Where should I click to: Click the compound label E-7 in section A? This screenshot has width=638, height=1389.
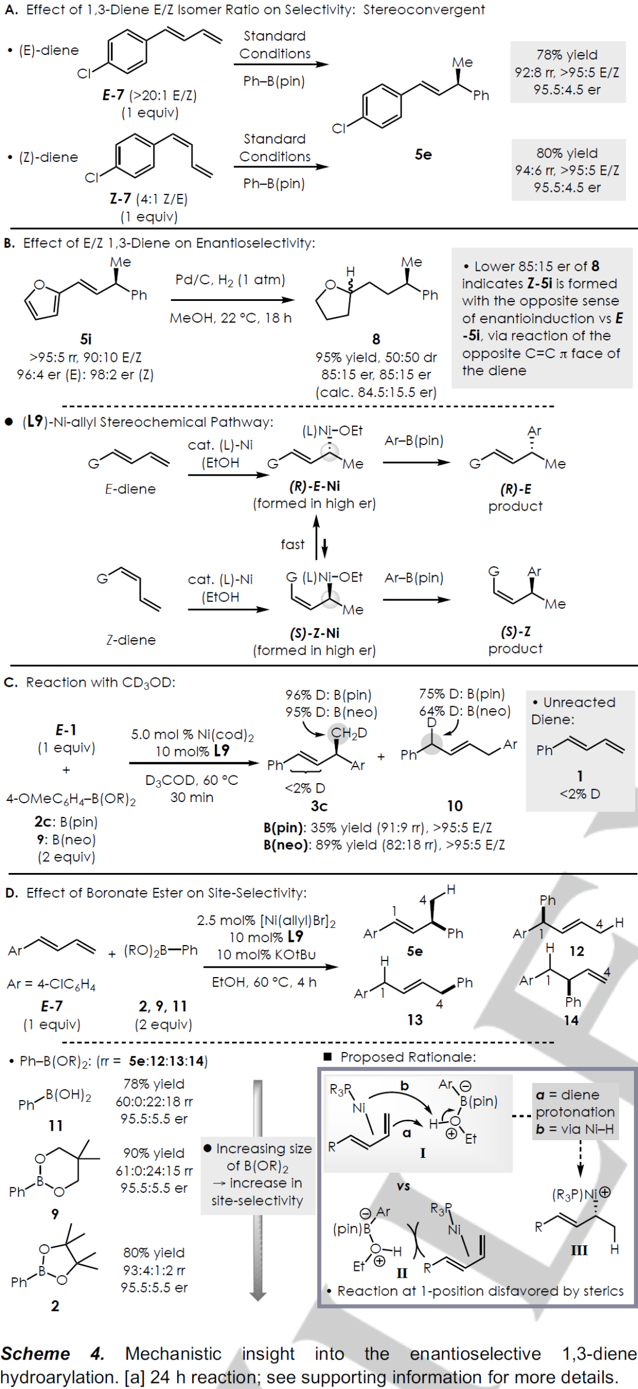(113, 95)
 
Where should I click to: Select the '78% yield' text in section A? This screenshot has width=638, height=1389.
(567, 55)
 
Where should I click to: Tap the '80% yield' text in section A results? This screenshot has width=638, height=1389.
(567, 153)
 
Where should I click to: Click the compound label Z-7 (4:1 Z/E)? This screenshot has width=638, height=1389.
(148, 199)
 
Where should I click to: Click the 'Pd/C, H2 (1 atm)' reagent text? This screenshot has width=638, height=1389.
(230, 280)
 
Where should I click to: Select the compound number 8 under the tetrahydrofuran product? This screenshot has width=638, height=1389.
(376, 339)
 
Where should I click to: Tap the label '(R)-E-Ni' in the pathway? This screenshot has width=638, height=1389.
(314, 486)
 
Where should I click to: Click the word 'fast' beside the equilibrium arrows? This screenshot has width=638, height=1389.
(292, 544)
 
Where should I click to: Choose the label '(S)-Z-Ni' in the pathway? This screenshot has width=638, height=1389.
(314, 633)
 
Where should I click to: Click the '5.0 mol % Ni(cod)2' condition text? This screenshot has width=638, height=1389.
(192, 734)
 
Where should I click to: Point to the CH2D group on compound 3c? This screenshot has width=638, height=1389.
(349, 733)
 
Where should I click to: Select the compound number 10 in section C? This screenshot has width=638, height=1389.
(454, 806)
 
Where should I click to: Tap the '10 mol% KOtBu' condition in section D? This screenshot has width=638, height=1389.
(266, 955)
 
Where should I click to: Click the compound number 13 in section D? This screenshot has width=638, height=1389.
(415, 1020)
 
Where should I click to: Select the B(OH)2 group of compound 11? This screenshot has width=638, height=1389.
(69, 1095)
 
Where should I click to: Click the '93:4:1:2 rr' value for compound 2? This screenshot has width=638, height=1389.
(154, 1270)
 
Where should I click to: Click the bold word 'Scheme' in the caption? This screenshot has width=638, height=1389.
(35, 1354)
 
